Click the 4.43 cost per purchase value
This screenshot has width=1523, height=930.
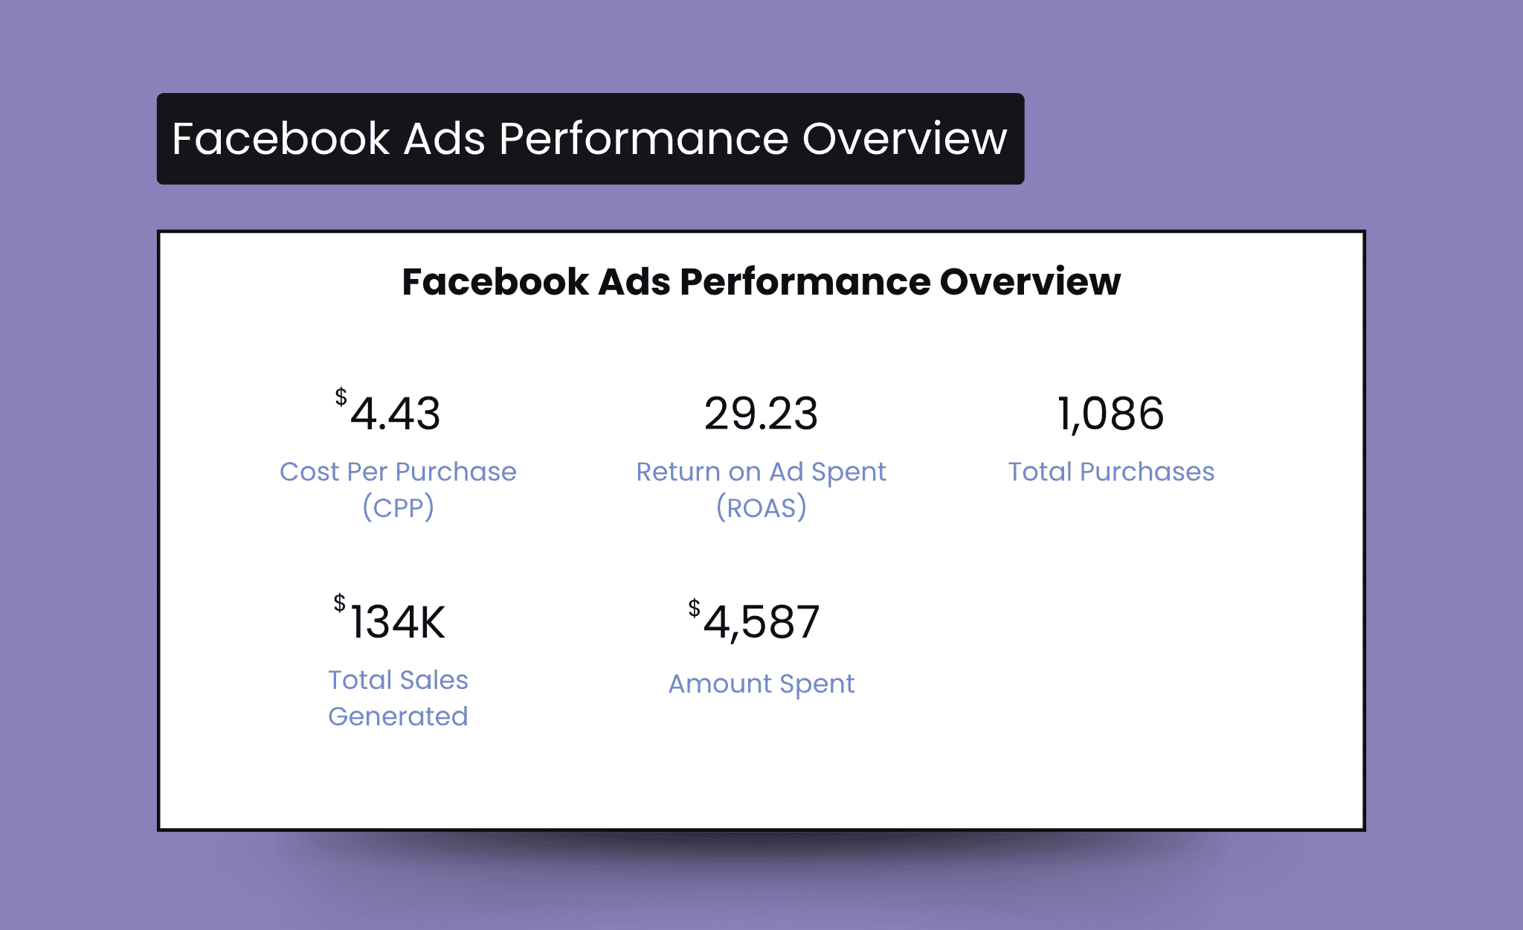[395, 414]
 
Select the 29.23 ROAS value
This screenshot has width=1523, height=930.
[761, 414]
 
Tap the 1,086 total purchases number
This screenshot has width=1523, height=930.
[1110, 414]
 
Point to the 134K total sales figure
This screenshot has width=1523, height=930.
[397, 622]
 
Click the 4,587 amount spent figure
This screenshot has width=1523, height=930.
[761, 623]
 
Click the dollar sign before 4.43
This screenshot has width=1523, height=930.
[341, 397]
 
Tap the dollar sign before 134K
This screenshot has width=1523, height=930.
[339, 603]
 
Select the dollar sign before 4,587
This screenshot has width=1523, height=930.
[694, 608]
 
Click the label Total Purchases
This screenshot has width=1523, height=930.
[1111, 472]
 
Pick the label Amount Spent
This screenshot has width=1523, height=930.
[761, 684]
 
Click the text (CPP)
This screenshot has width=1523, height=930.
[398, 507]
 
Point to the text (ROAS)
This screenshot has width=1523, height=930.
[761, 507]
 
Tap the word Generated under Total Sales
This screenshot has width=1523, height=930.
[398, 716]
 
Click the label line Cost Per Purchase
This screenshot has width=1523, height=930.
[398, 472]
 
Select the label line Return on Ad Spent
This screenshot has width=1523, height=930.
[761, 472]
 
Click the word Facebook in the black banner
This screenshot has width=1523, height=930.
[281, 138]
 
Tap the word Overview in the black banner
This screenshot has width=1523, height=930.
[904, 138]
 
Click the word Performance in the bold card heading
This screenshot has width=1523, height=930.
[805, 282]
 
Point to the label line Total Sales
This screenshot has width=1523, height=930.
[398, 680]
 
